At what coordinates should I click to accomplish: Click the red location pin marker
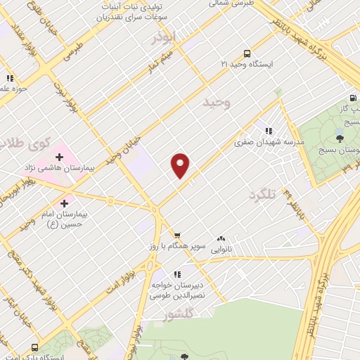[x=181, y=165]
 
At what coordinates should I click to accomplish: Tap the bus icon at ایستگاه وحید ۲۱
[x=246, y=53]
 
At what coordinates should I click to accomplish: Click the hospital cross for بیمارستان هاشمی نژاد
[x=69, y=156]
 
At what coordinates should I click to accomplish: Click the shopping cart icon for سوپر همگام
[x=178, y=236]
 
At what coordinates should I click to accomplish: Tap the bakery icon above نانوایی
[x=221, y=238]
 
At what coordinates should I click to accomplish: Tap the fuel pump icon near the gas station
[x=352, y=98]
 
